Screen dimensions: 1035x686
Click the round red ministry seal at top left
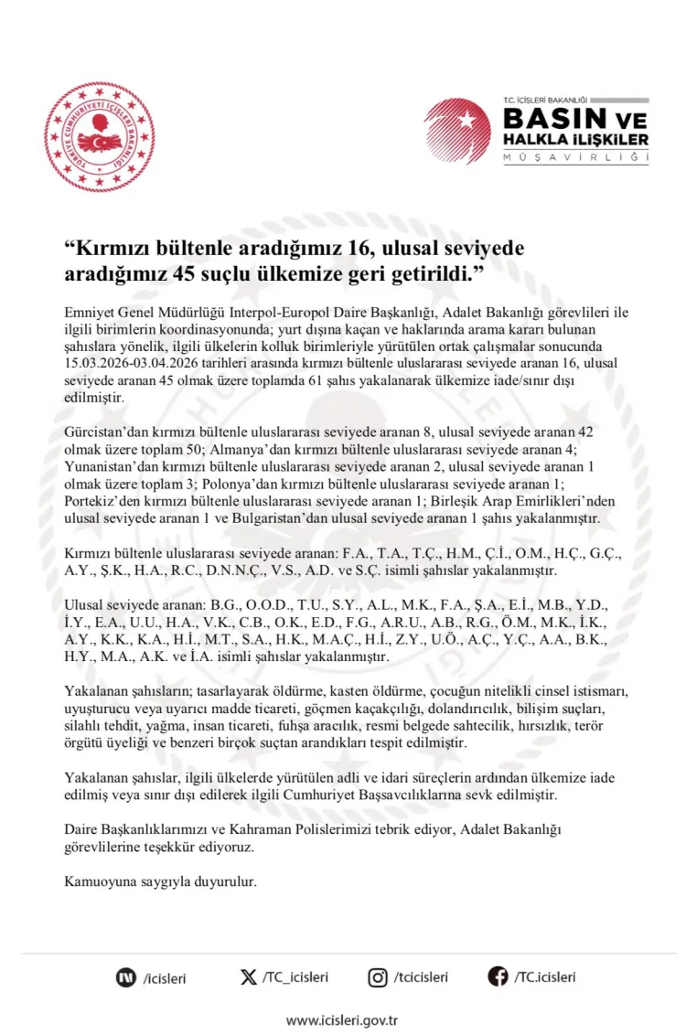pyautogui.click(x=100, y=136)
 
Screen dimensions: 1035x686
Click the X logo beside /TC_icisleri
pyautogui.click(x=248, y=977)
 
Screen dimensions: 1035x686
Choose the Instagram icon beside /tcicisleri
pyautogui.click(x=378, y=977)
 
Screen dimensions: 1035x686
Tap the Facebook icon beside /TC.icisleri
pyautogui.click(x=498, y=977)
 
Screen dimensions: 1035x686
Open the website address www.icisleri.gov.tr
pyautogui.click(x=342, y=1019)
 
